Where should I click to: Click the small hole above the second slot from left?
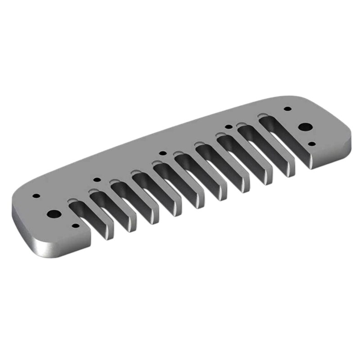pyautogui.click(x=95, y=181)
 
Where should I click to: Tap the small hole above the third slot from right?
pyautogui.click(x=228, y=127)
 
